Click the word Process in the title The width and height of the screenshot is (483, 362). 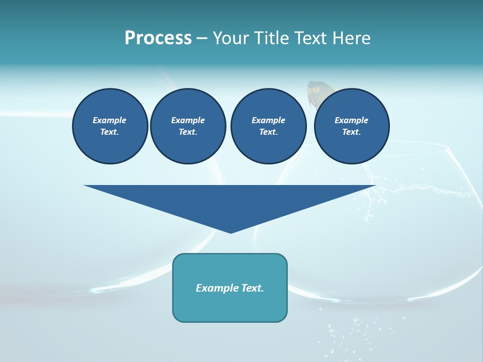pos(158,38)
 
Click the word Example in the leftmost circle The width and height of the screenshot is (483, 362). pos(110,120)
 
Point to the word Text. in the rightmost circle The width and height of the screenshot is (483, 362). pos(351,132)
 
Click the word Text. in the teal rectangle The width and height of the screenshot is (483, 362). pos(253,288)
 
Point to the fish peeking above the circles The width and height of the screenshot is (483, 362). pos(316,93)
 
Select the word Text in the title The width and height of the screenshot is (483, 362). pos(309,38)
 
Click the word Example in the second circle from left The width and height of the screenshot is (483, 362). pos(188,120)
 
